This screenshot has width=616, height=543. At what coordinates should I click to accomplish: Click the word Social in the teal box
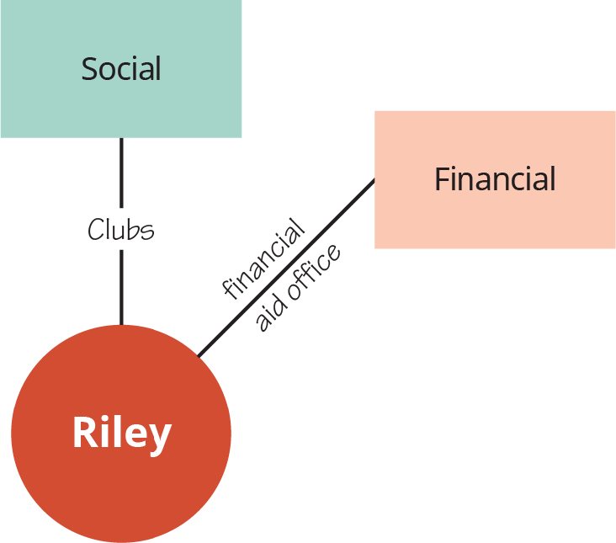point(120,68)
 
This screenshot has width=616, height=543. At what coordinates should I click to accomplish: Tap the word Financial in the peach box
point(495,178)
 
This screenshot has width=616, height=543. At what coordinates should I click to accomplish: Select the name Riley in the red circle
point(121,434)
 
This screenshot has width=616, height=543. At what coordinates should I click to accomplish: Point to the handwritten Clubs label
point(121,229)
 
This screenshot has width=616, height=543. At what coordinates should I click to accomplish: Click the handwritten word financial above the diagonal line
point(263,259)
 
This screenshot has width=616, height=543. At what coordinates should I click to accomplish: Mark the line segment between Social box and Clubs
point(121,173)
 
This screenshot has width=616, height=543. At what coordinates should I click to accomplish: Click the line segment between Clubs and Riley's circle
point(121,286)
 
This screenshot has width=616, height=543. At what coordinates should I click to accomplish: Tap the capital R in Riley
point(84,434)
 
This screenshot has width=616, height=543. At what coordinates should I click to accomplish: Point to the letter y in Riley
point(160,438)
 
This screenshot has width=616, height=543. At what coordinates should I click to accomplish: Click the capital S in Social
point(89,68)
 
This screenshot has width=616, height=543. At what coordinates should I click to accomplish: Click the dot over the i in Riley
point(108,417)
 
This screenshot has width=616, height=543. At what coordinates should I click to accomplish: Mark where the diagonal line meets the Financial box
point(374,179)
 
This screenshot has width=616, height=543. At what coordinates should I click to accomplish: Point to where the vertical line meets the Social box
point(121,138)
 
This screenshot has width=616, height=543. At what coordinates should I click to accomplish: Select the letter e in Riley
point(138,437)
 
